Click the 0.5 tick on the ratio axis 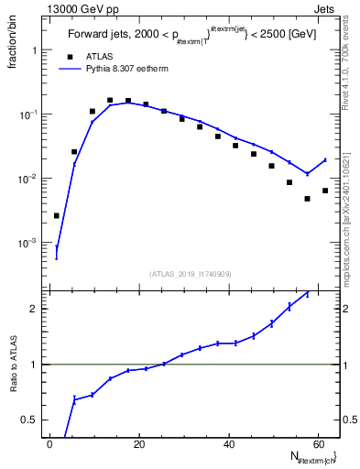click(30, 420)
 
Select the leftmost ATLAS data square click(57, 215)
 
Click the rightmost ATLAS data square click(325, 191)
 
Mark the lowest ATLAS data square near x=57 click(308, 199)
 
